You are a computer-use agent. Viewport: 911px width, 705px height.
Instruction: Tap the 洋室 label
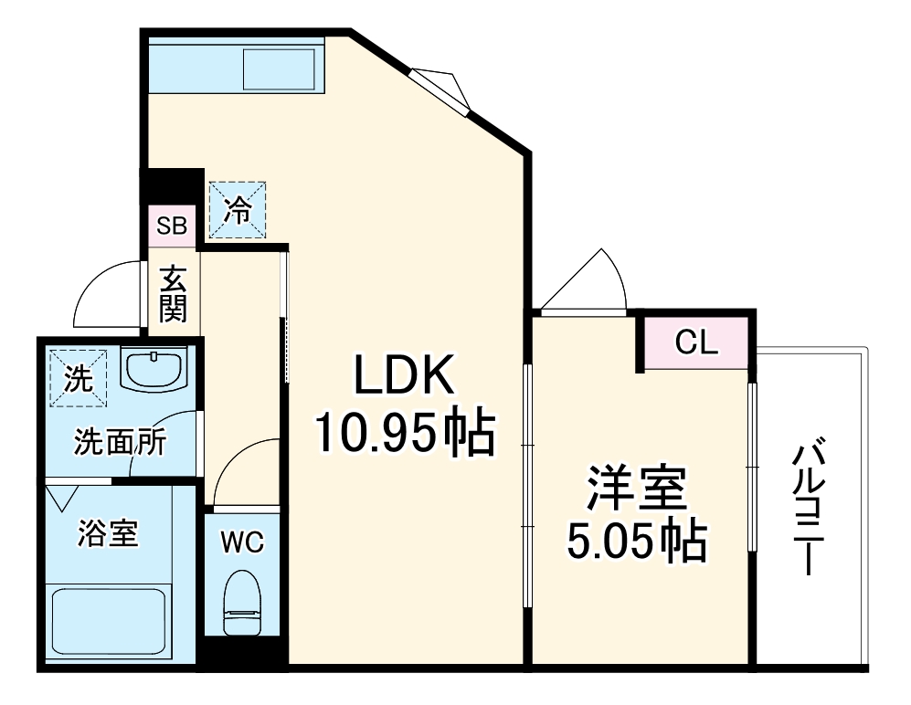click(x=636, y=489)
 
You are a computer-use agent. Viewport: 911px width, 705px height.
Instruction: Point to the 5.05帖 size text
click(x=636, y=542)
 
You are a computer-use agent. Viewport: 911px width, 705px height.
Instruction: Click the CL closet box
click(x=696, y=343)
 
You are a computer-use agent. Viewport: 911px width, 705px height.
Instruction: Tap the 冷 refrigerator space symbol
click(x=238, y=210)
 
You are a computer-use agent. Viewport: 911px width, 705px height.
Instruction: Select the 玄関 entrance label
click(x=173, y=294)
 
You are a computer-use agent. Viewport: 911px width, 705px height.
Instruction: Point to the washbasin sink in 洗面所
click(x=154, y=370)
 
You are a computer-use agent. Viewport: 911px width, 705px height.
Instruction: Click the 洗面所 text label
click(x=120, y=443)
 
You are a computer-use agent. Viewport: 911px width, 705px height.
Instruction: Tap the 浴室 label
click(x=108, y=533)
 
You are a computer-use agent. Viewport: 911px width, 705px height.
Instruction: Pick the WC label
click(x=242, y=542)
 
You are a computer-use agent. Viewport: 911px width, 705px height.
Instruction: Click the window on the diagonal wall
click(x=440, y=91)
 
